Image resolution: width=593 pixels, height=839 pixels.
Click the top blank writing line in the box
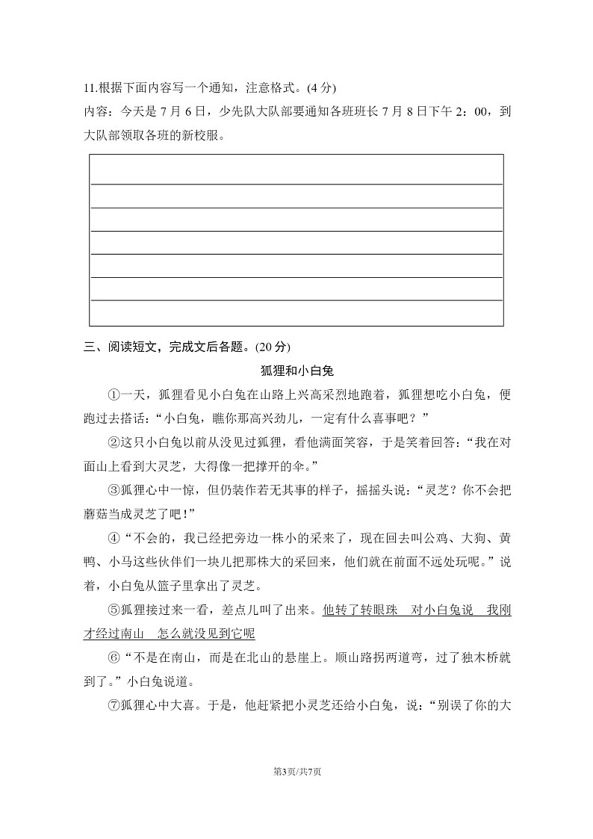(296, 183)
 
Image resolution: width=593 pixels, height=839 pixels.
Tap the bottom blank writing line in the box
(296, 300)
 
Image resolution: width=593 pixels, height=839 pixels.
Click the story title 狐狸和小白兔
(296, 371)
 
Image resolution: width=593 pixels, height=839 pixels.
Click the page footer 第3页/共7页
(296, 772)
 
